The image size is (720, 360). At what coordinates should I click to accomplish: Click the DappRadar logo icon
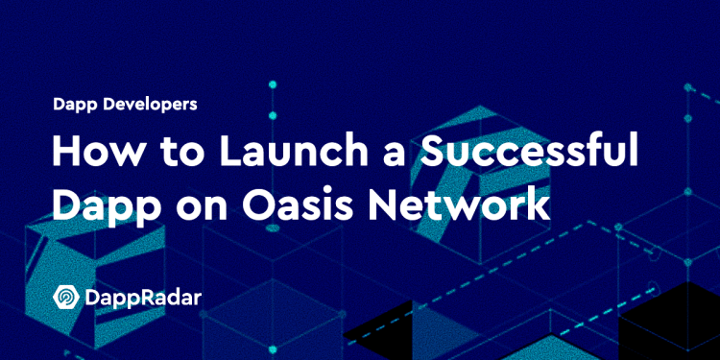pyautogui.click(x=66, y=299)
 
